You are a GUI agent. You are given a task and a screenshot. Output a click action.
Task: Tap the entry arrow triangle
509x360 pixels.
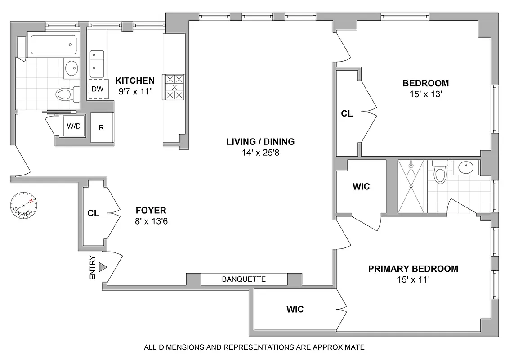[103, 267]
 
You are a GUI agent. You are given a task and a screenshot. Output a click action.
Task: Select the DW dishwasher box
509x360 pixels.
[97, 89]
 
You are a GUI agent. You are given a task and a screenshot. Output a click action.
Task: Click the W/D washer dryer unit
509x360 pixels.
[74, 126]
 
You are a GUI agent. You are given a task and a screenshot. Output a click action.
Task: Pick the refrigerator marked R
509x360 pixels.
[102, 127]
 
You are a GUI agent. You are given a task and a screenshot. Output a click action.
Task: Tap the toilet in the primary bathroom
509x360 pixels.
[439, 173]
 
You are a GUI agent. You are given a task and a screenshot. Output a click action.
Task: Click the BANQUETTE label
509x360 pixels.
[244, 279]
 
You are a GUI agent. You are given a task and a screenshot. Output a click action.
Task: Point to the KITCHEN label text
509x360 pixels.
[135, 81]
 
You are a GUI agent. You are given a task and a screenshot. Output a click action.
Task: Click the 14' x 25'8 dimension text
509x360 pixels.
[260, 152]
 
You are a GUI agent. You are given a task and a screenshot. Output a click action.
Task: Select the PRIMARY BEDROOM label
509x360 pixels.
[413, 269]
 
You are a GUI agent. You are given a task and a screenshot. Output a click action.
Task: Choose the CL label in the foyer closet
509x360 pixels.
[94, 213]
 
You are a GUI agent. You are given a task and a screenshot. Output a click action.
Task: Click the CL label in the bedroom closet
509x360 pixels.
[347, 114]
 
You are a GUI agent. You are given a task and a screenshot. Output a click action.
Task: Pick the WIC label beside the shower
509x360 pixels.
[361, 186]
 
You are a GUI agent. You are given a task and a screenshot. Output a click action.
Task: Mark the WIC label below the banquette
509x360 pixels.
[295, 310]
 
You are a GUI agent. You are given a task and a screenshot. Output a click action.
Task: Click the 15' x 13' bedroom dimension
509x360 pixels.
[425, 94]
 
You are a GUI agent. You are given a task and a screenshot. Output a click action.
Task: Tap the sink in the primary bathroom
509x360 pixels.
[465, 168]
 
